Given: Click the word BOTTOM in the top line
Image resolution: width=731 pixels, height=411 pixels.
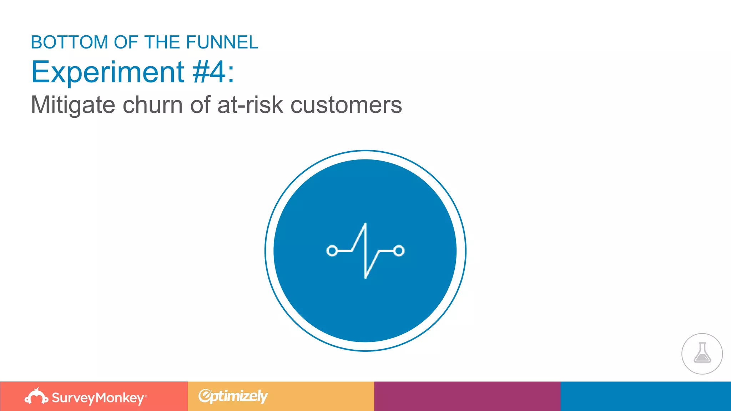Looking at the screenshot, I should [x=69, y=42].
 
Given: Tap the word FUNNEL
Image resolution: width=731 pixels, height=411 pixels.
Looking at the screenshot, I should [x=222, y=42].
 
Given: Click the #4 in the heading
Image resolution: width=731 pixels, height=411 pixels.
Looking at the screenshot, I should [x=209, y=72].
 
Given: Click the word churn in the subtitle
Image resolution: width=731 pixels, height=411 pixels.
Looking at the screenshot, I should [x=153, y=105].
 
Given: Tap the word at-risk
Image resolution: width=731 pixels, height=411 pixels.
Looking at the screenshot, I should [x=250, y=105].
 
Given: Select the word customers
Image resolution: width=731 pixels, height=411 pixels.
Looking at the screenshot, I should [x=346, y=105].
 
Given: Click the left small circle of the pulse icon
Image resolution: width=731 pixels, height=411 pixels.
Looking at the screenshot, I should [x=332, y=251].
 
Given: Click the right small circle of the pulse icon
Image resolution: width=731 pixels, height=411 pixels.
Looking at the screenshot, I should [x=399, y=251].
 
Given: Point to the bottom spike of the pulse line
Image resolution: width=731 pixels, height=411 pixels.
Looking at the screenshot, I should [x=365, y=277].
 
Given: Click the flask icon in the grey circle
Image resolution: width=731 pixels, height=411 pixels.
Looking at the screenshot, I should [x=702, y=353].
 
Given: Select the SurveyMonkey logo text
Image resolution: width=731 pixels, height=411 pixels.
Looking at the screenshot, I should [x=98, y=398].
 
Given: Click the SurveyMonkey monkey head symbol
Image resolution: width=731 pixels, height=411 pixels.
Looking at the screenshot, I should [x=36, y=396].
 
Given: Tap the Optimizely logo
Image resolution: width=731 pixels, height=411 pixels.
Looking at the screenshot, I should [x=233, y=396].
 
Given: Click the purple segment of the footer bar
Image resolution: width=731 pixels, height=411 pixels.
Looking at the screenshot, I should [x=467, y=396].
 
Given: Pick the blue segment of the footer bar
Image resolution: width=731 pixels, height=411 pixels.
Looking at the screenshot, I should [x=646, y=396].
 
